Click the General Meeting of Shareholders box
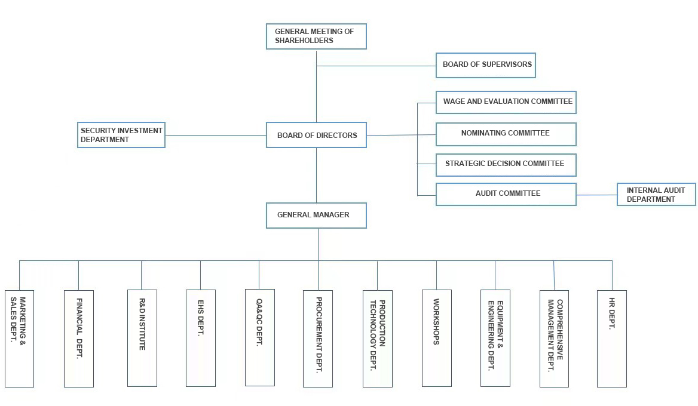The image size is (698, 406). [x=316, y=36]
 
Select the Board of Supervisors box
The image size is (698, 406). [x=485, y=65]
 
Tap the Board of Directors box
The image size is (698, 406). [x=316, y=136]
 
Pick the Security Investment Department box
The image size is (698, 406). [x=121, y=135]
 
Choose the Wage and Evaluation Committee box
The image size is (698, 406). [x=506, y=102]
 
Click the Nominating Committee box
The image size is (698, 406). [x=506, y=134]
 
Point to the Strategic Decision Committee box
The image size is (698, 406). [x=506, y=164]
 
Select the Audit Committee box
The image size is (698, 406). [x=506, y=194]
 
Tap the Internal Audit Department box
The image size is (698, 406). [x=656, y=195]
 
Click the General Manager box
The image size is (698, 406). [x=316, y=216]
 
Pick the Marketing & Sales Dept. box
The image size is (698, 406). [x=19, y=339]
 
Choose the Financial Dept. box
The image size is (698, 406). [x=79, y=339]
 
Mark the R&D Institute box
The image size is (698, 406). [x=142, y=339]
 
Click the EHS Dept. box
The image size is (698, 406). [x=200, y=339]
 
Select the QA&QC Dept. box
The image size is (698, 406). [x=259, y=337]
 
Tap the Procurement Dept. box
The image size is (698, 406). [x=318, y=339]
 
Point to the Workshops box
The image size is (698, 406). [x=436, y=339]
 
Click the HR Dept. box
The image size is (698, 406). [x=611, y=339]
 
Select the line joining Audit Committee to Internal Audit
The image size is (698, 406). [x=596, y=195]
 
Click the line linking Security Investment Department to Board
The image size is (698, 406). [x=215, y=135]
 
